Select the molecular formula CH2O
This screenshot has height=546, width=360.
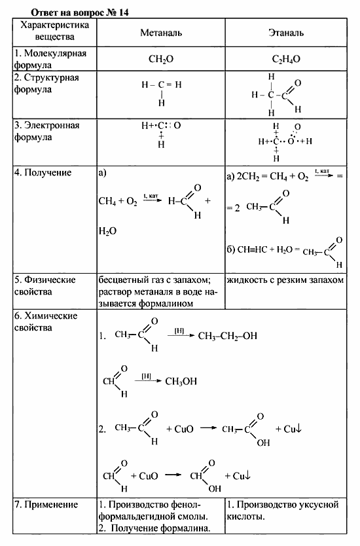(160, 59)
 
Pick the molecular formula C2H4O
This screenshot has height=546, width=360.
(287, 59)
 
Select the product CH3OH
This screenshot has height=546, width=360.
(181, 381)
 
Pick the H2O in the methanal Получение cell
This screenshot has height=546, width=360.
(107, 230)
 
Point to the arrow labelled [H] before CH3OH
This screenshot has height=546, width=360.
(147, 378)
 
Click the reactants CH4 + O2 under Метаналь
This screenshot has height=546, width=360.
(118, 202)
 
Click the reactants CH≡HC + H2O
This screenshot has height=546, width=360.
(261, 249)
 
